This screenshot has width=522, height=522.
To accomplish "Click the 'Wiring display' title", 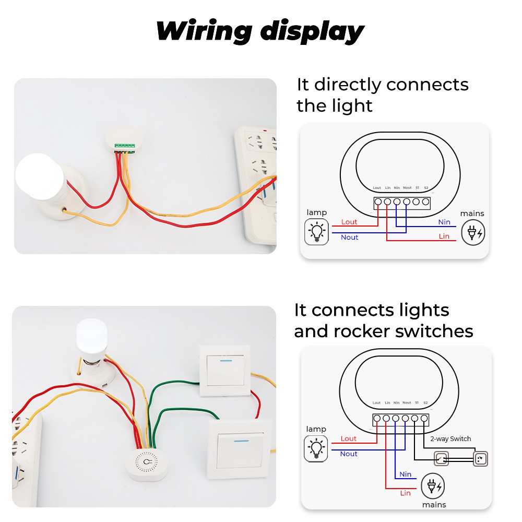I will (260, 31).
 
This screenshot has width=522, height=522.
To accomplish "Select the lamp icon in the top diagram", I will (316, 232).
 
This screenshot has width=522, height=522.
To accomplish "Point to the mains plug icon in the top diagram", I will (472, 232).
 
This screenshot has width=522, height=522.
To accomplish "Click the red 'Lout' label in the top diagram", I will (349, 222).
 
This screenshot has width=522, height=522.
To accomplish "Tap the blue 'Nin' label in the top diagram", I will (444, 222).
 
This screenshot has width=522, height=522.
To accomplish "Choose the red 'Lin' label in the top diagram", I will (444, 236).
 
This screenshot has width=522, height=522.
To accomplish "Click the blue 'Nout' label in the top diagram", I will (349, 237).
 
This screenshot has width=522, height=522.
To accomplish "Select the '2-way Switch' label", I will (450, 439).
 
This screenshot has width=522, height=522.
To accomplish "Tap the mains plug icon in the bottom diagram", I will (433, 487).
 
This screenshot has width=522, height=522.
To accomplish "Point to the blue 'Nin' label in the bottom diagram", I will (406, 474).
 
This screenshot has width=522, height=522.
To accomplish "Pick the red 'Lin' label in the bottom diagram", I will (406, 493).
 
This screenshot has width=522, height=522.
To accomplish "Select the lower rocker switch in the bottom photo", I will (241, 448).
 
